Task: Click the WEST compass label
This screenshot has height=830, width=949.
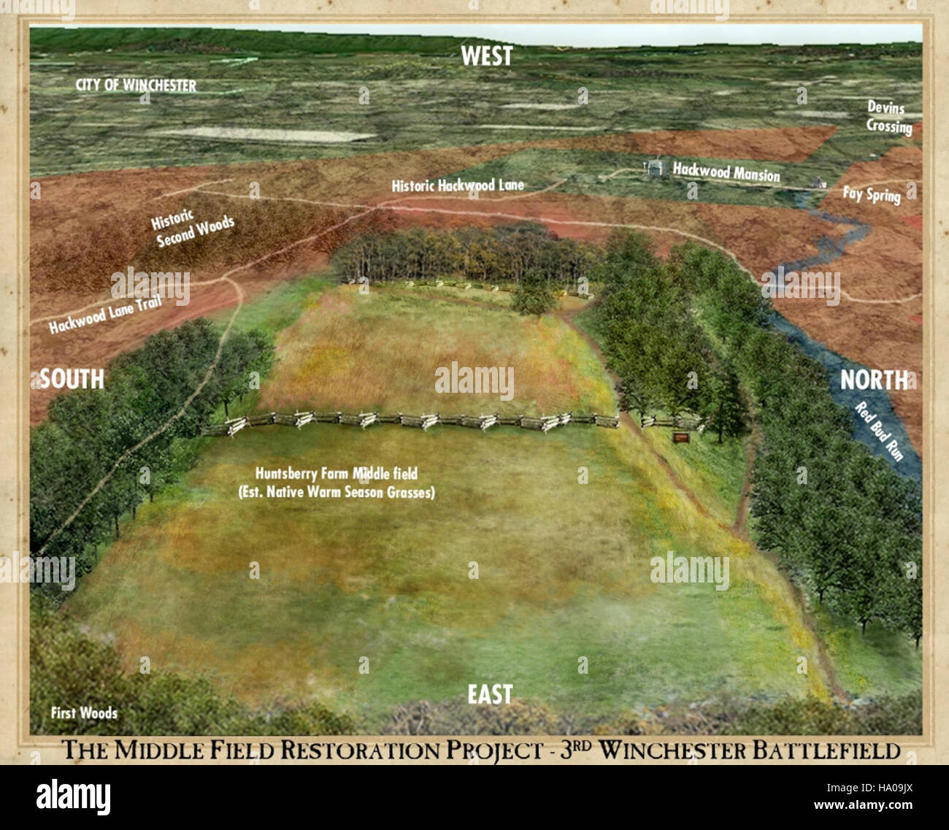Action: click(x=487, y=56)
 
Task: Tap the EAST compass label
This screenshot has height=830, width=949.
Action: click(x=490, y=694)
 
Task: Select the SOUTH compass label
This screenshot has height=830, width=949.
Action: click(x=72, y=379)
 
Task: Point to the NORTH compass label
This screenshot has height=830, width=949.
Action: click(x=874, y=380)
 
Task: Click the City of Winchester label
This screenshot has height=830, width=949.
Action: click(x=136, y=85)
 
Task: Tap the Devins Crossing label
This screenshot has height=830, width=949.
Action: click(x=888, y=118)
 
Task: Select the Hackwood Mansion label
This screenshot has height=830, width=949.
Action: click(x=726, y=172)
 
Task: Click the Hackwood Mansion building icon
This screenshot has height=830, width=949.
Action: click(x=654, y=168)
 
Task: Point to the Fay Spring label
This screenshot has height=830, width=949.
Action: click(x=872, y=194)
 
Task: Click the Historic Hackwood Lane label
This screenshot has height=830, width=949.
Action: click(x=458, y=185)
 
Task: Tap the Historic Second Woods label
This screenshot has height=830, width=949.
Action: click(x=193, y=227)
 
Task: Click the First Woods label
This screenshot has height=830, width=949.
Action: click(x=84, y=712)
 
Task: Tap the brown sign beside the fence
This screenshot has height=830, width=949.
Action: click(x=680, y=437)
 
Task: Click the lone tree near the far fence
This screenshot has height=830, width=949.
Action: click(x=534, y=296)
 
